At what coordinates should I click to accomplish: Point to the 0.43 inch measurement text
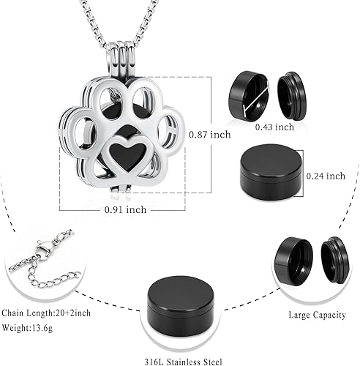[275, 127]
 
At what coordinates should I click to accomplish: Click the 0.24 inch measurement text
[326, 175]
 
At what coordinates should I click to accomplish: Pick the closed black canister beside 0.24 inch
[270, 176]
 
